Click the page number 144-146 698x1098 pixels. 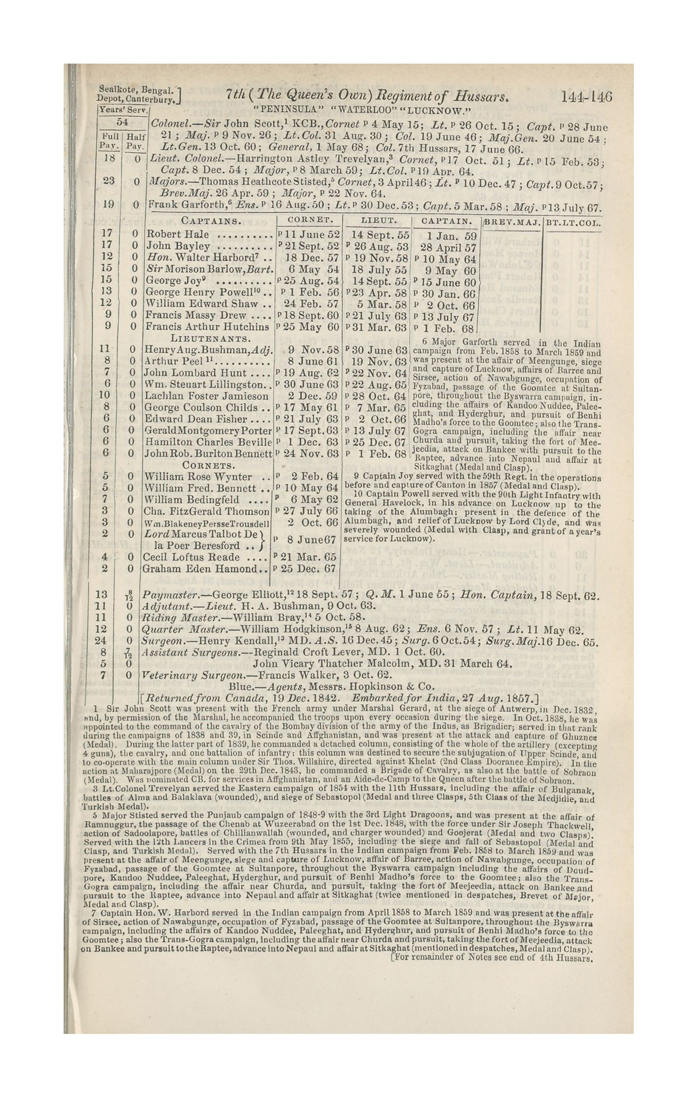click(x=587, y=98)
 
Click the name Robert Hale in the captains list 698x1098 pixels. click(x=178, y=234)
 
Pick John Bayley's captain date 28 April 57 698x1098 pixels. click(x=448, y=247)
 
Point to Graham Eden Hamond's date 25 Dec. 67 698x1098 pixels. click(x=309, y=569)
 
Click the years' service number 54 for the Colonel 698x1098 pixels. click(x=123, y=122)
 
